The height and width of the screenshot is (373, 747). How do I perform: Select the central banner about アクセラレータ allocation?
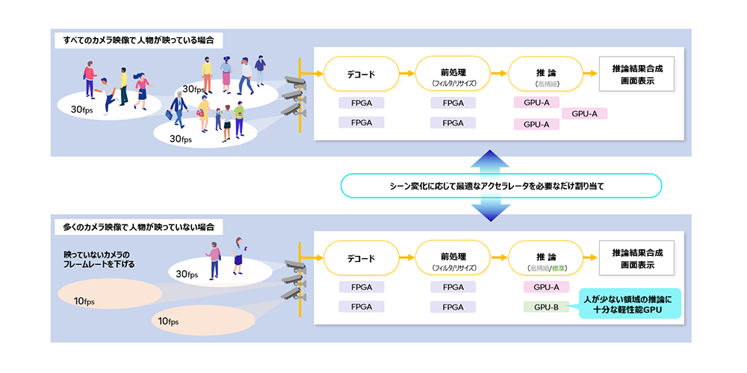click(x=501, y=186)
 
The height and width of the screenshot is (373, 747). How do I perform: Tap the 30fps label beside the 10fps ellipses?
click(x=187, y=274)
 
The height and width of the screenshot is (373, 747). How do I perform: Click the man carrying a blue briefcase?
click(x=178, y=110)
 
